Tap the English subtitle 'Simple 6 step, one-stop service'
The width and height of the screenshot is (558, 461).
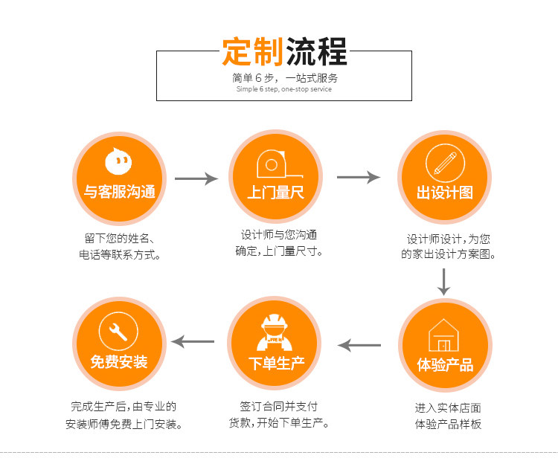(284, 89)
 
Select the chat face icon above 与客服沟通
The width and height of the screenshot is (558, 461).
(119, 161)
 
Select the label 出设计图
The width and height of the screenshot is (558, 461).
(444, 193)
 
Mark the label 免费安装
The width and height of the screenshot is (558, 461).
(119, 363)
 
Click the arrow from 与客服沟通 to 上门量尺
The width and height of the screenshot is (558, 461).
(196, 179)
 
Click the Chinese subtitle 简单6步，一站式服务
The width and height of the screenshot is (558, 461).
(284, 77)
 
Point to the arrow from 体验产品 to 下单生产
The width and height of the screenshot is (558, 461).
(359, 345)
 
